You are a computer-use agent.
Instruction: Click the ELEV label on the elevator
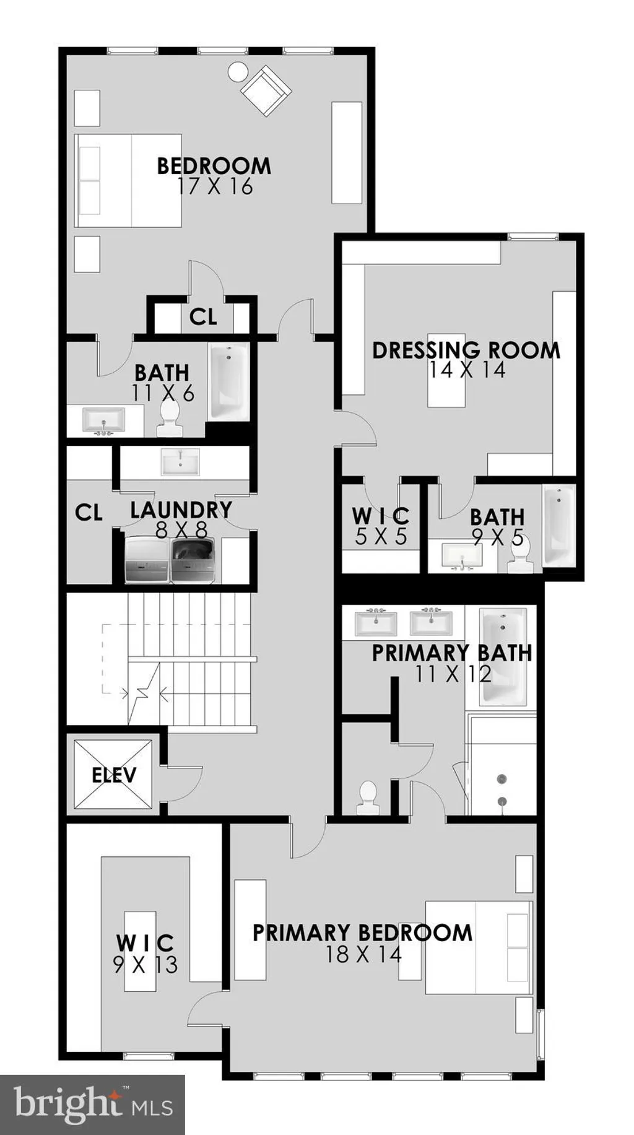coord(114,775)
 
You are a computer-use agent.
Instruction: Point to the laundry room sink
coord(180,462)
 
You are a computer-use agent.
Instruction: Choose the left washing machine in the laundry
coord(147,560)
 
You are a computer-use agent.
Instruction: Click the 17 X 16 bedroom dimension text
coord(215,186)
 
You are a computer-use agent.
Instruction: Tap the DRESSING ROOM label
coord(466,350)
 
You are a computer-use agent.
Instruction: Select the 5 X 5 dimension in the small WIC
coord(381,536)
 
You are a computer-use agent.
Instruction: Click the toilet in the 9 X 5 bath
coord(519,553)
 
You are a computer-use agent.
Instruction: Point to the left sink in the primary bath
coord(376,622)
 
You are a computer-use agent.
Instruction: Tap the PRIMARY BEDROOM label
coord(362,933)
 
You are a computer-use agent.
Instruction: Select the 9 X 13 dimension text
coord(145,964)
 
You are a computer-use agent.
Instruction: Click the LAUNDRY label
coord(181,510)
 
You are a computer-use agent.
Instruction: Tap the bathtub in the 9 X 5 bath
coord(559,526)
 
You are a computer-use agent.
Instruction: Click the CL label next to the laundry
coord(89,512)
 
